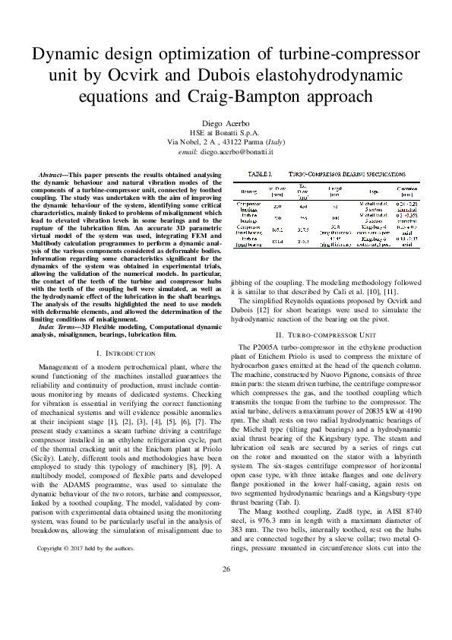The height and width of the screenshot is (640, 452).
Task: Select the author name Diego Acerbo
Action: pyautogui.click(x=226, y=123)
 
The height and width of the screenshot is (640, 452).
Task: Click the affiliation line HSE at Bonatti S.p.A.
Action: pyautogui.click(x=226, y=133)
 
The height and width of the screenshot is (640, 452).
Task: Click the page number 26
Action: pyautogui.click(x=226, y=612)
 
